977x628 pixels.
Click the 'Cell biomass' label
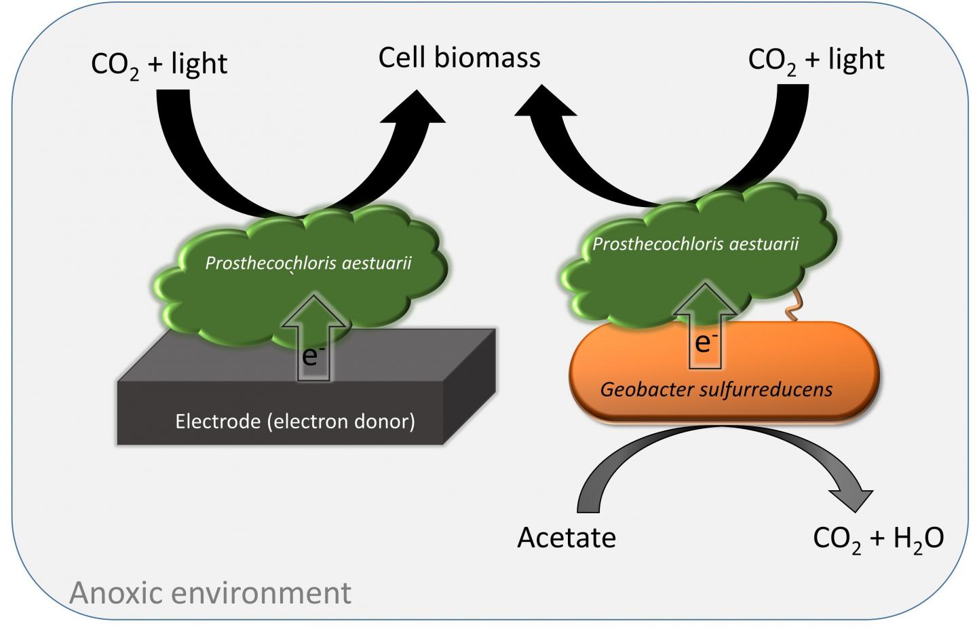pos(459,58)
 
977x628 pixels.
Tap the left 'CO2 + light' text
pos(159,64)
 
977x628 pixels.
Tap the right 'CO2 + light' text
pos(816,60)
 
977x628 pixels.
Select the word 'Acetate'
pos(567,538)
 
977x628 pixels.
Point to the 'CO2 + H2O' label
pos(878,538)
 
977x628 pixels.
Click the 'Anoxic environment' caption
pos(210,593)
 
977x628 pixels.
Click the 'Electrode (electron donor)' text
pos(295,422)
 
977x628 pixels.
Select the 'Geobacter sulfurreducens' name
pos(716,390)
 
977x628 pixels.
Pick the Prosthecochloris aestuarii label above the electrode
pos(308,263)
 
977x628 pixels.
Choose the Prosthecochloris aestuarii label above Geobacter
pos(695,244)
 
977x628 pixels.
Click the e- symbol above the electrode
pos(310,355)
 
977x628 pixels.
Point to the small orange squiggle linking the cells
pos(791,310)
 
